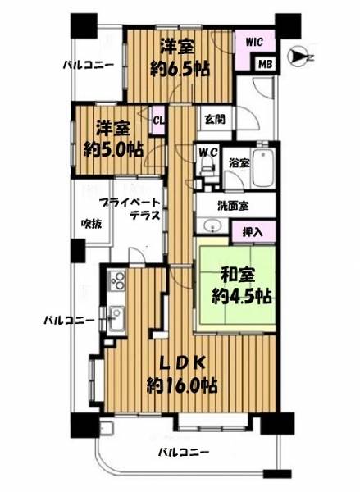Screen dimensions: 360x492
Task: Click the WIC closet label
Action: [x=254, y=42]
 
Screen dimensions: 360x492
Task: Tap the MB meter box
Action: [x=265, y=64]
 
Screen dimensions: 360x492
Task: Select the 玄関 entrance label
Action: [x=215, y=119]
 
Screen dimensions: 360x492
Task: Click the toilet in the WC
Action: [x=207, y=166]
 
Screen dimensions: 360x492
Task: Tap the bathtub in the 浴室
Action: [x=263, y=169]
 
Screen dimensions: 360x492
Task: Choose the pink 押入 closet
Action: [x=253, y=232]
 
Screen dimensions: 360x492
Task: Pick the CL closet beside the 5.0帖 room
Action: [x=158, y=120]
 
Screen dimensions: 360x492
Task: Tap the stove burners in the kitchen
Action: [x=117, y=280]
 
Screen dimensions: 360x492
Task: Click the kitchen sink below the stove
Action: [x=116, y=318]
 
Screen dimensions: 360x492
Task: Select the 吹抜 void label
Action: [x=92, y=224]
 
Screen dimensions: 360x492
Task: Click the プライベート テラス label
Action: [x=131, y=209]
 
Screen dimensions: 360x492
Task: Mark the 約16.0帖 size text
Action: [x=182, y=385]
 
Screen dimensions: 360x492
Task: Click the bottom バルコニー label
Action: [x=184, y=452]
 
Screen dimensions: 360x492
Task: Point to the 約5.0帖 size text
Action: [x=113, y=150]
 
